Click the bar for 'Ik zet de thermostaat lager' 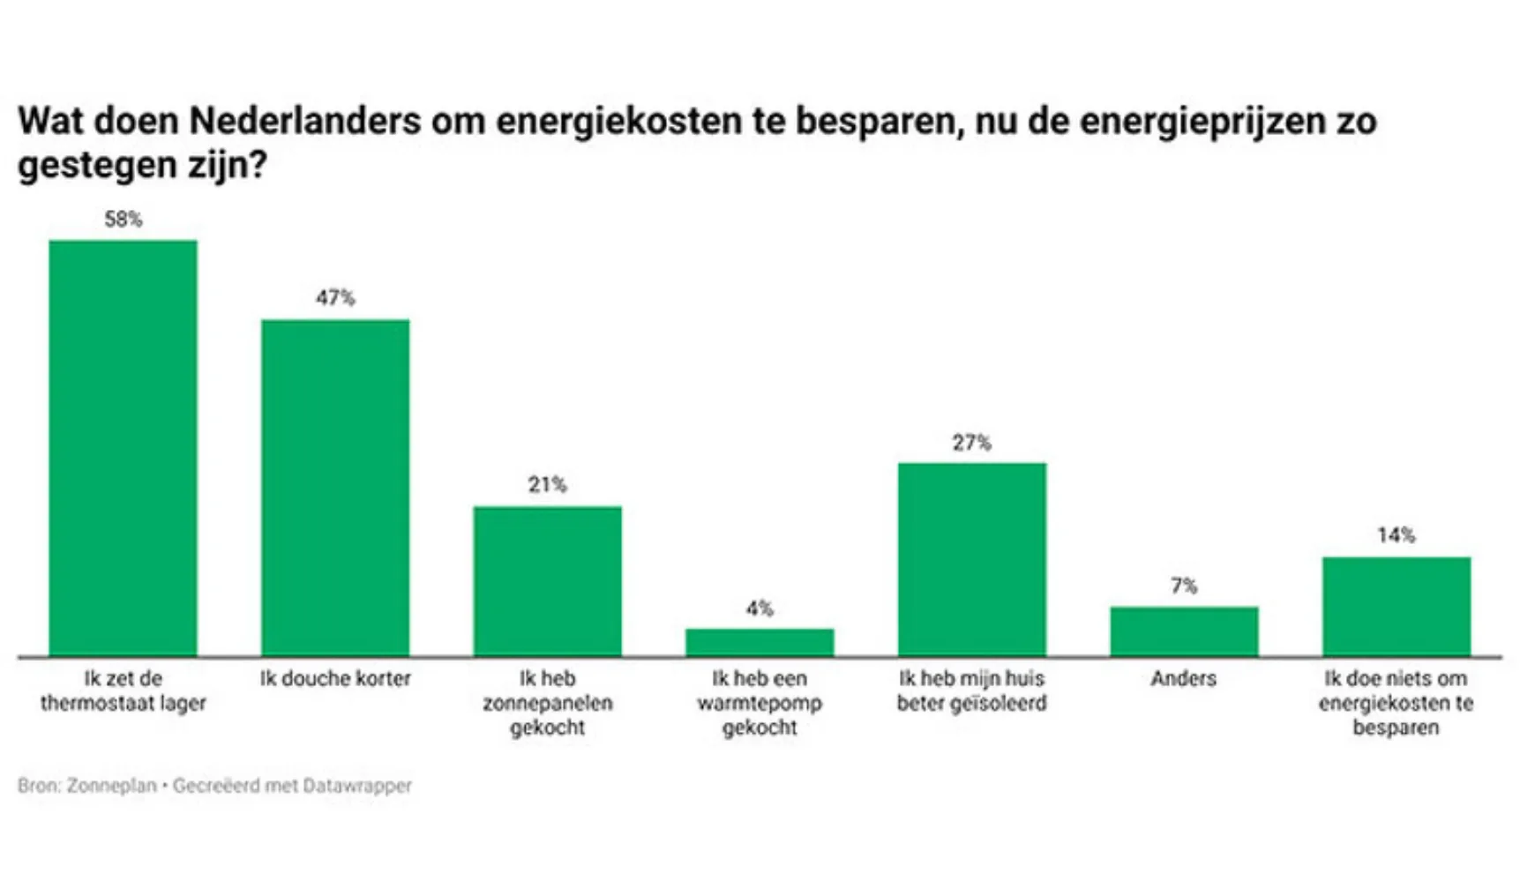123,448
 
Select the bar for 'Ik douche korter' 335,488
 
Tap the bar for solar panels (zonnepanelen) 547,581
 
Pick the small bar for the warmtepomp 760,642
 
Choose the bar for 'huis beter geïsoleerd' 971,559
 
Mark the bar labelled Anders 1184,631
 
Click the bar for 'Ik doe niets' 1396,607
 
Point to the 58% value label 123,220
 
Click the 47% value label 335,298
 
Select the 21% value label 547,484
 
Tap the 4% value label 760,609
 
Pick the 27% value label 971,443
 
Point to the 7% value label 1184,586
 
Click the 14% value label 1396,535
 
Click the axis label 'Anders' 1184,678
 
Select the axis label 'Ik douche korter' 335,678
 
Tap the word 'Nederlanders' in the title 304,121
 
